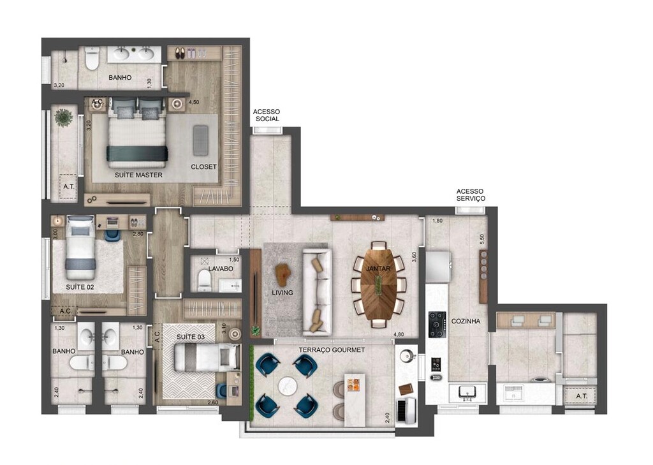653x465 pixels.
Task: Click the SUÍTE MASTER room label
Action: pyautogui.click(x=138, y=175)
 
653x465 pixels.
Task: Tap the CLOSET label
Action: pyautogui.click(x=203, y=167)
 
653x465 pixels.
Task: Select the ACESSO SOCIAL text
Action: pyautogui.click(x=267, y=115)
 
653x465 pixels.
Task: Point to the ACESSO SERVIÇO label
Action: pyautogui.click(x=471, y=195)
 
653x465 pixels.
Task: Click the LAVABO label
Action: pyautogui.click(x=221, y=269)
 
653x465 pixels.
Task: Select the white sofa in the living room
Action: pyautogui.click(x=317, y=292)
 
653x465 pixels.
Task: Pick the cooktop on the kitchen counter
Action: pyautogui.click(x=437, y=324)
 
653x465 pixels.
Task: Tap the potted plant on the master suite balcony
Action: pyautogui.click(x=64, y=117)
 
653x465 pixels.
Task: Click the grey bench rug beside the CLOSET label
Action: pyautogui.click(x=202, y=139)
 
